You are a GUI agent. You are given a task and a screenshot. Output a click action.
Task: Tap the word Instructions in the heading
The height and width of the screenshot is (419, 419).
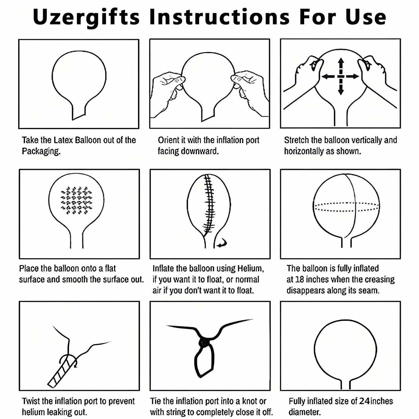(219, 17)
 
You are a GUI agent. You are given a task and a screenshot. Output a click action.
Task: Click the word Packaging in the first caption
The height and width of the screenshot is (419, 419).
(41, 152)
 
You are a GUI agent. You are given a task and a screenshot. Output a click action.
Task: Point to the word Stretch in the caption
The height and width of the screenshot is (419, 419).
(296, 140)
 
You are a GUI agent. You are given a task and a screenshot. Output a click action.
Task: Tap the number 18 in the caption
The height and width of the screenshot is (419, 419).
(300, 280)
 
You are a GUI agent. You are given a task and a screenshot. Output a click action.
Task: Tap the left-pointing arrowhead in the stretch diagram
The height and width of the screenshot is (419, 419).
(325, 76)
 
